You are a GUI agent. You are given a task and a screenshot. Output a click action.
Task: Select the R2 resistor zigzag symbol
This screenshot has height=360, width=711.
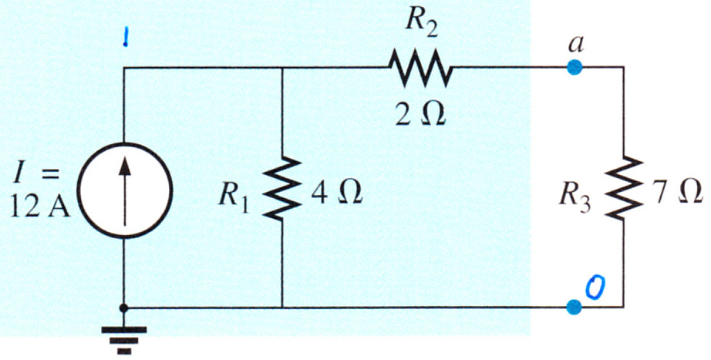(420, 68)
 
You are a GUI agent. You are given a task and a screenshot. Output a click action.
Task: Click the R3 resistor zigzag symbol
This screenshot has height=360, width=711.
(624, 188)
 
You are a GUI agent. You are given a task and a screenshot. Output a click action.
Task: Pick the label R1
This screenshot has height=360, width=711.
(234, 197)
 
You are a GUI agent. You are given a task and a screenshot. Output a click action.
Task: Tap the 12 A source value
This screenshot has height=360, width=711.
(41, 210)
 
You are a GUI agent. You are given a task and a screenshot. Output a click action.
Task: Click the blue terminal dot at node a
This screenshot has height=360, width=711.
(574, 67)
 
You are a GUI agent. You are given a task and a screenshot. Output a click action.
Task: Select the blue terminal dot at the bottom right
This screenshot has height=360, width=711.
(574, 307)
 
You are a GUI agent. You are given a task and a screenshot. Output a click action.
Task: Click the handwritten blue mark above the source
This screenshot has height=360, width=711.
(126, 39)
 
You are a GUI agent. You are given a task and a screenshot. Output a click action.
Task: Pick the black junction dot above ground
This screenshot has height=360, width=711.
(123, 308)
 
